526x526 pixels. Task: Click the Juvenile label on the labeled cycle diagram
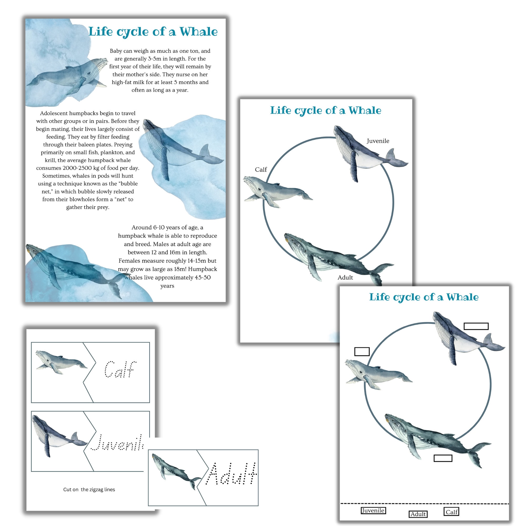pyautogui.click(x=378, y=141)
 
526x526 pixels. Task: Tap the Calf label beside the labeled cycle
pyautogui.click(x=261, y=170)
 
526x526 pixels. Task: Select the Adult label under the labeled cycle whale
pyautogui.click(x=345, y=277)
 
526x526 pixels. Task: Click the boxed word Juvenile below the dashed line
pyautogui.click(x=373, y=510)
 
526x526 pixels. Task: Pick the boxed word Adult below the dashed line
pyautogui.click(x=418, y=514)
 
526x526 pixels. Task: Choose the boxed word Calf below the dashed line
pyautogui.click(x=451, y=512)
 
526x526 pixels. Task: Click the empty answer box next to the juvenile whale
pyautogui.click(x=476, y=326)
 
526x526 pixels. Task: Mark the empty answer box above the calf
pyautogui.click(x=362, y=351)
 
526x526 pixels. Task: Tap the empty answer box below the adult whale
pyautogui.click(x=443, y=458)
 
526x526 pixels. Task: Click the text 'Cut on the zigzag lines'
pyautogui.click(x=89, y=489)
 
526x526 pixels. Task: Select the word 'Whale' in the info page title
pyautogui.click(x=199, y=32)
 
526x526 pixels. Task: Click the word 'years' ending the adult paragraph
pyautogui.click(x=167, y=286)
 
